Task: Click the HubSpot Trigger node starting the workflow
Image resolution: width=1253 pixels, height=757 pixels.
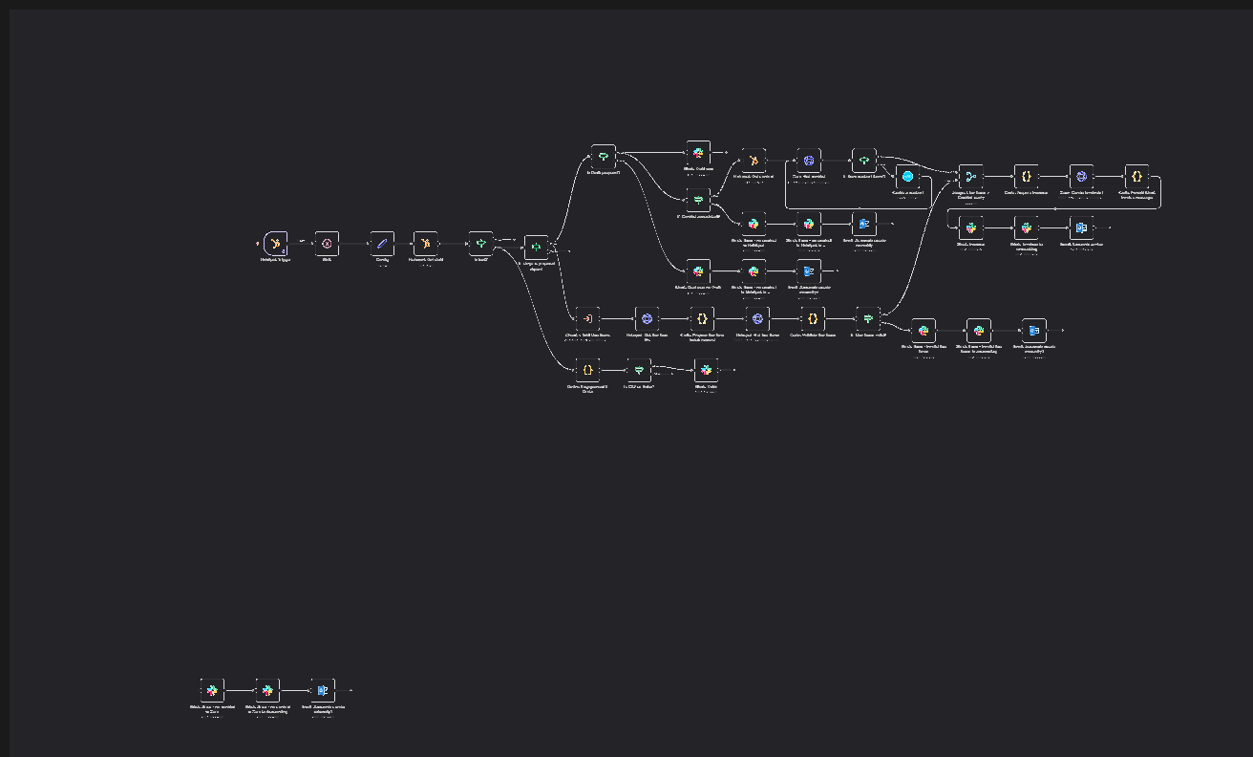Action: pos(275,244)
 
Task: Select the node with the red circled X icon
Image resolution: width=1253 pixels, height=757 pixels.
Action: pos(327,244)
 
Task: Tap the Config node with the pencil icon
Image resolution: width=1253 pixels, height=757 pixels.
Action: pos(382,244)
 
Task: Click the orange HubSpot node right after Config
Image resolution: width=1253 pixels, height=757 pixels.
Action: pos(426,244)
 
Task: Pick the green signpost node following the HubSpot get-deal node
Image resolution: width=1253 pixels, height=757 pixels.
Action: pos(481,244)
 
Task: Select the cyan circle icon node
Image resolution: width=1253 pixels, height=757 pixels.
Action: pos(908,177)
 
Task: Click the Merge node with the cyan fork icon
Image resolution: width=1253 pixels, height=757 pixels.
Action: pos(970,177)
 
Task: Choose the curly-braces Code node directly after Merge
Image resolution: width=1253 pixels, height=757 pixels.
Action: pos(1026,177)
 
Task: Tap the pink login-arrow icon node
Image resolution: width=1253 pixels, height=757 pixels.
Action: pos(588,319)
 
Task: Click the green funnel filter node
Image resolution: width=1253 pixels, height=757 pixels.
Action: pos(639,370)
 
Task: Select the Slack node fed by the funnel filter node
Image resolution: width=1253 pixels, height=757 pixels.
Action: pos(706,370)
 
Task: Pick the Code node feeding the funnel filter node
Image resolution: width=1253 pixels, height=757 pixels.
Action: pos(588,370)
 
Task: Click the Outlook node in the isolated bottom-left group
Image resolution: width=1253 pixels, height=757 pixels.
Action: pos(323,690)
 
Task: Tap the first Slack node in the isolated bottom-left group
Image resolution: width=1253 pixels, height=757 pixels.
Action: pos(212,690)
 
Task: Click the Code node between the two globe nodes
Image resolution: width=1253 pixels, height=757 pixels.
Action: pos(702,319)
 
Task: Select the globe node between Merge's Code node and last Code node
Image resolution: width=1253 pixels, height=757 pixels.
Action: pos(1081,177)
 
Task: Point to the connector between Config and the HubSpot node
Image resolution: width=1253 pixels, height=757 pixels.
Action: pos(404,244)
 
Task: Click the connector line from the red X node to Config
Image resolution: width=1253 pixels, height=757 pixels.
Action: pos(354,244)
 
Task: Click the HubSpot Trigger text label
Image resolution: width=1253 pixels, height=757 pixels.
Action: pos(275,260)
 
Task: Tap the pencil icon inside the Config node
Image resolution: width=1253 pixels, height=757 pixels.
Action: pos(382,244)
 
